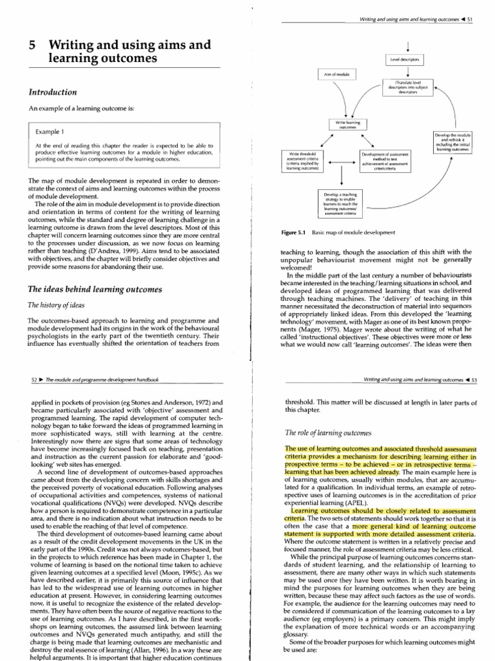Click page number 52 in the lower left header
pos(35,380)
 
